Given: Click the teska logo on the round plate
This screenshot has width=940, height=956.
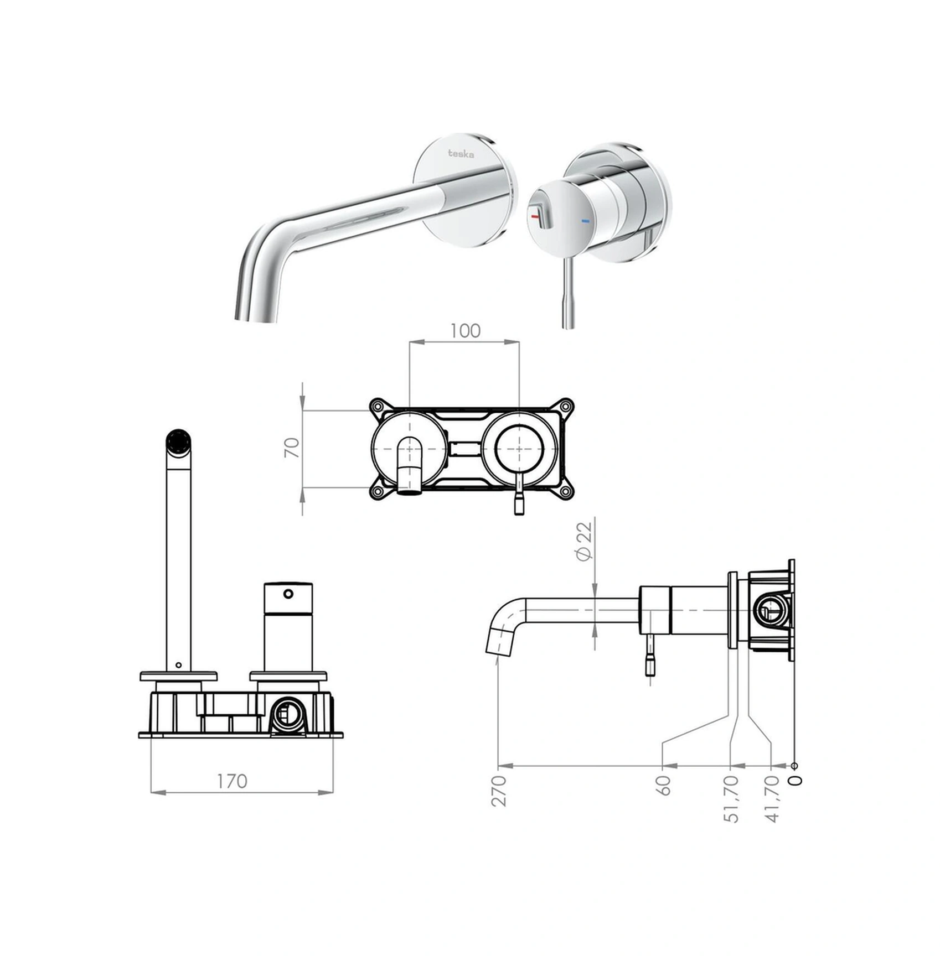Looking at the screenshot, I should [461, 154].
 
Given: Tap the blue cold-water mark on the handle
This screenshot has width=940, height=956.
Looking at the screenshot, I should [585, 221].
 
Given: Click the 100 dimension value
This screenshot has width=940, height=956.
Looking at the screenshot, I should [465, 331].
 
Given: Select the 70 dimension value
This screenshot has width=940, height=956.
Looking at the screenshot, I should [292, 447].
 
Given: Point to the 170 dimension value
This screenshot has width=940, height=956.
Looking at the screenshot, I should [231, 781].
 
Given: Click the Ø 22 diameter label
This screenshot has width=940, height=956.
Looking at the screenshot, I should [584, 541].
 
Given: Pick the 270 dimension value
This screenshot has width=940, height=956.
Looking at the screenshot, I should [498, 791].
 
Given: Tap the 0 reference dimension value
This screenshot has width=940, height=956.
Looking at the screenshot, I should [796, 781].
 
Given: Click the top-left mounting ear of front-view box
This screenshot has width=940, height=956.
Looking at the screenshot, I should [377, 407].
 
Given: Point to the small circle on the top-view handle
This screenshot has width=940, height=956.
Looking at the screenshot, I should [288, 594].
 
